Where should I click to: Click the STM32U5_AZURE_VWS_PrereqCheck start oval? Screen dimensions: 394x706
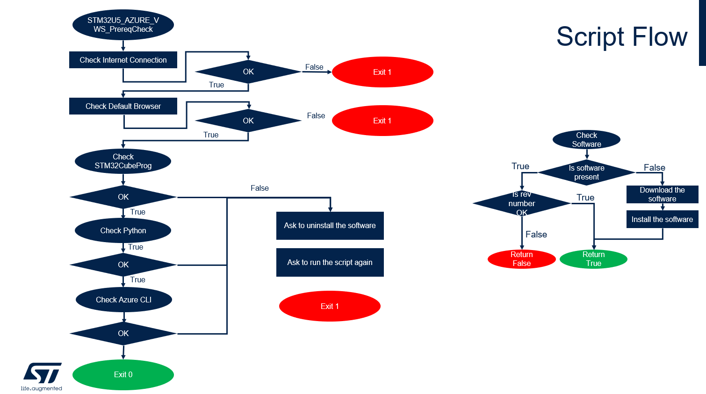[123, 25]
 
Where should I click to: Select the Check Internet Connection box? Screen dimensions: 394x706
[123, 60]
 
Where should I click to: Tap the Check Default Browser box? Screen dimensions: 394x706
[123, 106]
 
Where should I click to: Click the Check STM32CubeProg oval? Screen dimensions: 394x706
[123, 161]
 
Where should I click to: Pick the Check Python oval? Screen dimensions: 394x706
[123, 230]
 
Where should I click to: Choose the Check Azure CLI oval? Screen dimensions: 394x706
[123, 300]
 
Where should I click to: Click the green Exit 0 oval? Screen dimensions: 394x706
[123, 374]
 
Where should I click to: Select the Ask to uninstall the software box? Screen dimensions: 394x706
[330, 225]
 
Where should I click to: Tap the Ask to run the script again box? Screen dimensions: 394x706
[330, 262]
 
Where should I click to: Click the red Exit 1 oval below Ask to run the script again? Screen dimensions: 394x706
[330, 306]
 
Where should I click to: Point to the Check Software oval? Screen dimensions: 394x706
[586, 139]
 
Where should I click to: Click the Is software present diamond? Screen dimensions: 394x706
[586, 172]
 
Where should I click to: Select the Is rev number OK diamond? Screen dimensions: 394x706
[521, 203]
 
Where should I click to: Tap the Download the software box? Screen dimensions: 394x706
[662, 194]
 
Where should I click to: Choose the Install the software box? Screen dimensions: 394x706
[662, 219]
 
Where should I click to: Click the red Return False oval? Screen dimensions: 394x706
[521, 259]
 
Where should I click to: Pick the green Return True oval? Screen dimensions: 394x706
[593, 259]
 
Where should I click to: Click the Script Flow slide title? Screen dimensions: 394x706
[622, 37]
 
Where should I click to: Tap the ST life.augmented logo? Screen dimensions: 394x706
[42, 376]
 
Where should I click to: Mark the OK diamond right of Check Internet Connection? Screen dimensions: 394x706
[248, 72]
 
